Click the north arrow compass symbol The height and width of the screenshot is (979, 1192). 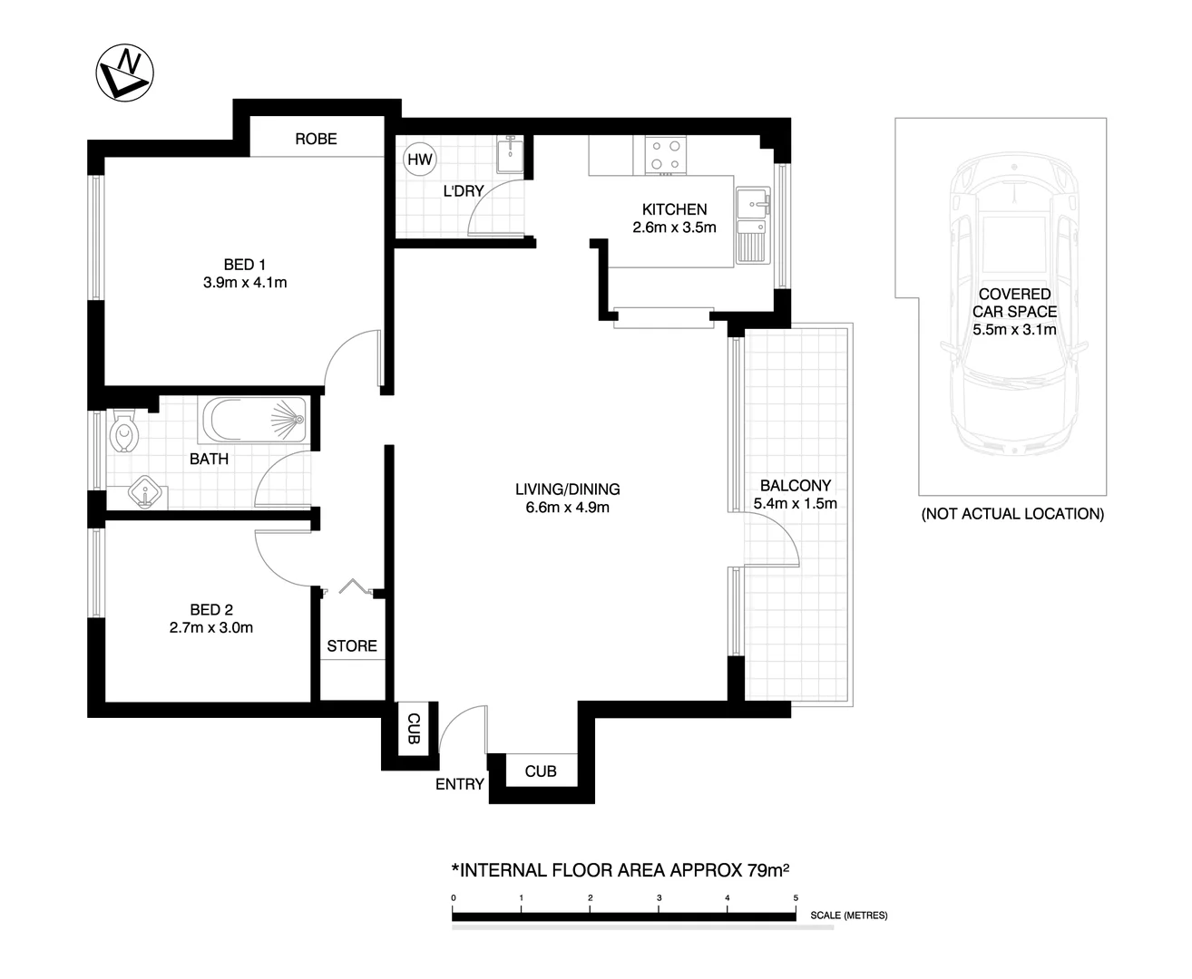coord(124,72)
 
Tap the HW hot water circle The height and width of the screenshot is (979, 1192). coord(420,160)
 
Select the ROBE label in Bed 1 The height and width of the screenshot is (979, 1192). coord(316,139)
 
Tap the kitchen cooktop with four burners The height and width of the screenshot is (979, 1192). coord(666,155)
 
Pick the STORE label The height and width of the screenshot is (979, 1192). coord(352,646)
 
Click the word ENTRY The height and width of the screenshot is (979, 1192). coord(460,784)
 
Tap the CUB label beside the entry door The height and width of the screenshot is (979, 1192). coord(413,730)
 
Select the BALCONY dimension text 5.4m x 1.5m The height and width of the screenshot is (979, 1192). coord(796,503)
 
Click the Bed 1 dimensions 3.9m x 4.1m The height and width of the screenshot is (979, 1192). coord(245,283)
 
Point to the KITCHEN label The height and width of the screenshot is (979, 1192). coord(674,209)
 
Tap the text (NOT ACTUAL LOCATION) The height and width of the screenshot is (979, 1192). coord(1012,514)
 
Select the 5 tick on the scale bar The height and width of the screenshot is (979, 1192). coord(796,897)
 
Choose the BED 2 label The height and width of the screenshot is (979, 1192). coord(211,610)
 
